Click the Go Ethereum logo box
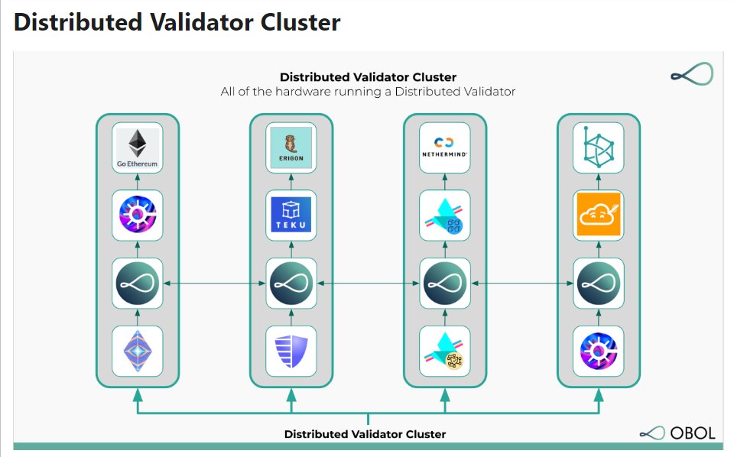(x=138, y=147)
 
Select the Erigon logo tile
(x=291, y=147)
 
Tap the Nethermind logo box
(x=445, y=147)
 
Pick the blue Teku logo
(x=291, y=215)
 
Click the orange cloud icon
(x=599, y=215)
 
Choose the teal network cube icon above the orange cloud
(x=599, y=147)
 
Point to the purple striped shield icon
(x=291, y=351)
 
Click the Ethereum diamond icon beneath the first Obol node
(x=138, y=351)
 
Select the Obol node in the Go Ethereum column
(x=138, y=284)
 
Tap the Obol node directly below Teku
(x=291, y=284)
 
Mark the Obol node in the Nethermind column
(x=445, y=284)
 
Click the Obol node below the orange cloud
(x=599, y=284)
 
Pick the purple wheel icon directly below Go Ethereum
(x=138, y=215)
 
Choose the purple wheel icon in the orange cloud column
(x=599, y=351)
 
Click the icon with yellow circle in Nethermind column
(x=445, y=351)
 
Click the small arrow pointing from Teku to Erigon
(x=291, y=181)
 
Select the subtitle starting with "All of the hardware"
(x=368, y=92)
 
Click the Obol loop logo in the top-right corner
(x=691, y=74)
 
